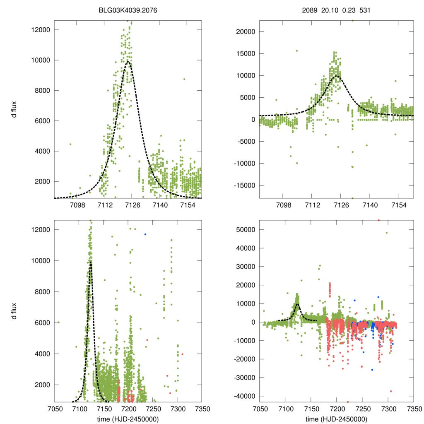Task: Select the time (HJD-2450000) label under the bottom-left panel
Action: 128,419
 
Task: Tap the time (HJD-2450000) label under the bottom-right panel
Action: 336,419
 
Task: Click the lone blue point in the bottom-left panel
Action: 145,234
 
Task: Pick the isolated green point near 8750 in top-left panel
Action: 184,79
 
